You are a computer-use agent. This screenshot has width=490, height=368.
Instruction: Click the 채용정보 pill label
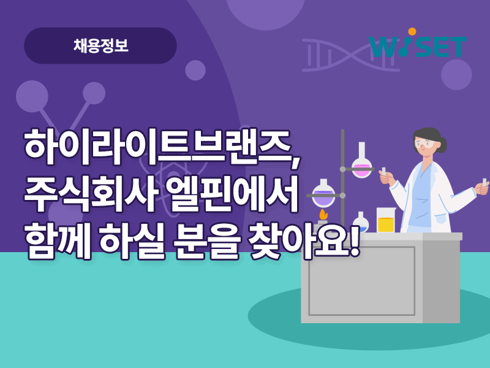click(100, 45)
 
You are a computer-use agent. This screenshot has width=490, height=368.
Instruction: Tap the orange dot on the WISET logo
click(412, 32)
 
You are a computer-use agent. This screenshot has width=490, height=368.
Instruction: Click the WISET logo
click(418, 43)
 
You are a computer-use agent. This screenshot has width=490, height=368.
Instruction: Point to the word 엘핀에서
click(232, 193)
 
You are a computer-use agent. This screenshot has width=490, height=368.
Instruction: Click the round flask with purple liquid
click(323, 193)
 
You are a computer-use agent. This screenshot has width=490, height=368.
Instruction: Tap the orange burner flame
click(323, 215)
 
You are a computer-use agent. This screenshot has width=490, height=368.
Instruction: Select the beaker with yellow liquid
click(386, 220)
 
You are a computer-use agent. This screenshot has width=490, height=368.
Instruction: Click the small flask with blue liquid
click(361, 222)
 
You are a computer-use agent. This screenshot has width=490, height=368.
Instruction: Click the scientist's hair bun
click(442, 145)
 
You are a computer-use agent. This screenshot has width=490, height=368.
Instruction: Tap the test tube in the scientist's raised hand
click(384, 172)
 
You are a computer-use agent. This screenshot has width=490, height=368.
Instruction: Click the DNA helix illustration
click(350, 55)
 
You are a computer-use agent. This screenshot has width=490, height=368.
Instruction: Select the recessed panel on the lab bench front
click(362, 281)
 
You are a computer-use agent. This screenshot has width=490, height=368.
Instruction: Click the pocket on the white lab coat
click(441, 219)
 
